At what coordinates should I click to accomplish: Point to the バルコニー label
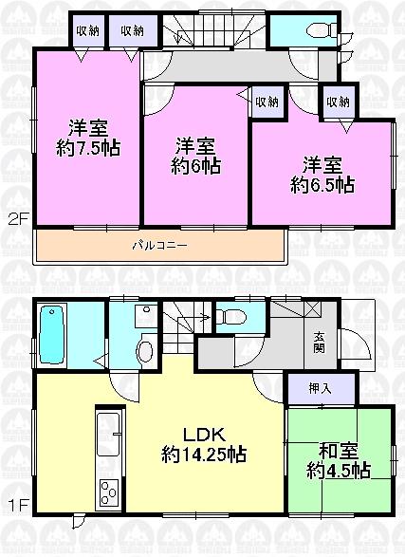(x=158, y=246)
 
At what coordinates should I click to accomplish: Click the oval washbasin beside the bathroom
(x=144, y=351)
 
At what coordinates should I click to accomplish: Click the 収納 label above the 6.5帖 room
(x=338, y=102)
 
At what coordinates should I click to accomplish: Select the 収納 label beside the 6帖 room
(x=267, y=102)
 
